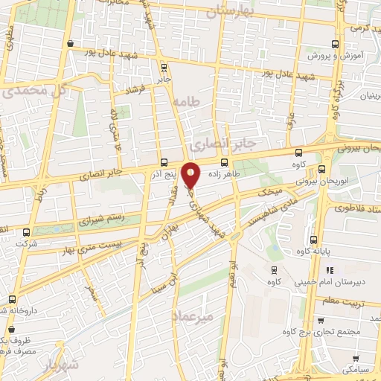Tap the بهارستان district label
[231, 13]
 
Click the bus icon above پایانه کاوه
[313, 240]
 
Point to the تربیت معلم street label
[345, 302]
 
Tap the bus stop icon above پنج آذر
[164, 163]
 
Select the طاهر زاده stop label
[223, 171]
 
